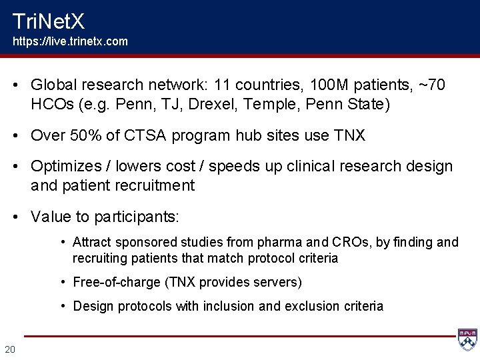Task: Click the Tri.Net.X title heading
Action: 49,22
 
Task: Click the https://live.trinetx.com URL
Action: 71,41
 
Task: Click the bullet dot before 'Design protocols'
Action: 62,306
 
